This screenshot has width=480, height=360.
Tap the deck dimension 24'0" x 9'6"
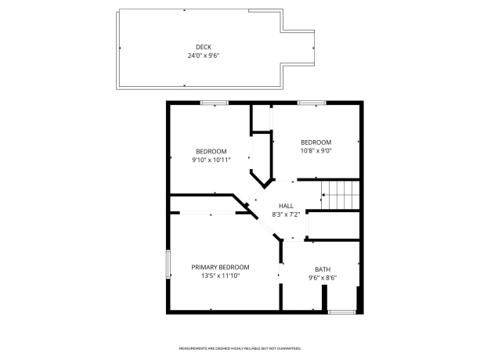coord(204,56)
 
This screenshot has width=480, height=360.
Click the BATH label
coord(323,268)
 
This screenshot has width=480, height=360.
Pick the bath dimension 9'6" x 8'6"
coord(323,277)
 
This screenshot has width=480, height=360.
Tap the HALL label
coord(287,206)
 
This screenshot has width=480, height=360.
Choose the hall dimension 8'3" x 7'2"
coord(287,214)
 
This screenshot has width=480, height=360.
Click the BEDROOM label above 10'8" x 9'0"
coord(316,142)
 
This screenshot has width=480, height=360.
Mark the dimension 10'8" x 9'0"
coord(316,150)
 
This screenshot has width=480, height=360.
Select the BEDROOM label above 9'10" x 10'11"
coord(211,151)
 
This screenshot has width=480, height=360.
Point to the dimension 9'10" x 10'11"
coord(211,160)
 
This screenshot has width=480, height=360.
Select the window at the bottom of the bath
coord(341,312)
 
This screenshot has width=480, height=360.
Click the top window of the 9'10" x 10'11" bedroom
coord(214,103)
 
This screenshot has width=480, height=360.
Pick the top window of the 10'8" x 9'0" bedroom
coord(312,103)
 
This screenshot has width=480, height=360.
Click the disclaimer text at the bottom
coord(240,347)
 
